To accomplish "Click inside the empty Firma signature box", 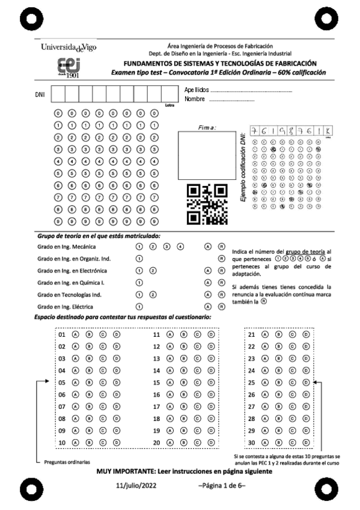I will tap(207, 155).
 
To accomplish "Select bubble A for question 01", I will tap(76, 334).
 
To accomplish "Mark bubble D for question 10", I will tap(117, 442).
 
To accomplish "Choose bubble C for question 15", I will tap(198, 382).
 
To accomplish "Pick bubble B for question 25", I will tap(278, 382).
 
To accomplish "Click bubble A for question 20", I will tap(171, 442).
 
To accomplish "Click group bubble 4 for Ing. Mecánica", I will tap(180, 247).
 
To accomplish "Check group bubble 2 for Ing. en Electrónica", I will tap(153, 271).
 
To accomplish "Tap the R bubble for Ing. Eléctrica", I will tap(221, 307).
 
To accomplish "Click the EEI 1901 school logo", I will tap(69, 67).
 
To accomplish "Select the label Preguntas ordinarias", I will tap(67, 462).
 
